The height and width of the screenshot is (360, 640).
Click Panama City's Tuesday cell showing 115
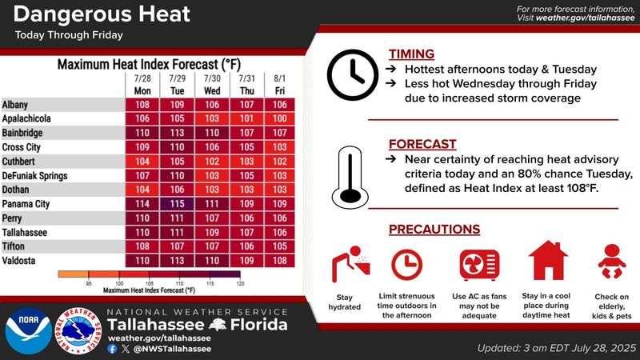(177, 204)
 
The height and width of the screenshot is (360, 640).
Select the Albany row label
(15, 105)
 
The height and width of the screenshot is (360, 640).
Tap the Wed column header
(212, 91)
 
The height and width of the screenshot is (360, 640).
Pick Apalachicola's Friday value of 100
(280, 118)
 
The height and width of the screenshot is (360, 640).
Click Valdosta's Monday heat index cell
(142, 261)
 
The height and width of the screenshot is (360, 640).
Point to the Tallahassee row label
(25, 233)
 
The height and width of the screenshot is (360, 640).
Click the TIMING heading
(411, 54)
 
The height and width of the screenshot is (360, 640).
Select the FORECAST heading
(422, 144)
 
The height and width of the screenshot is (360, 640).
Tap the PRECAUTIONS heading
(434, 230)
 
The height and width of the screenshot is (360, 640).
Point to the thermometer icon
(350, 178)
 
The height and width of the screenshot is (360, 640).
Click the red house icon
(548, 261)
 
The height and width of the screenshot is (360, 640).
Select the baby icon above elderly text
(612, 262)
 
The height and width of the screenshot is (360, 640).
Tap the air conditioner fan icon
(479, 265)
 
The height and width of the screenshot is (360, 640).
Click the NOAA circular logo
(29, 331)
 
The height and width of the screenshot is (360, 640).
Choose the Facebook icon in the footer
(112, 349)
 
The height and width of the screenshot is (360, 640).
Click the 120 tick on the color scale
(240, 283)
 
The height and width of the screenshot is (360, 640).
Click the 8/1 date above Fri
(279, 78)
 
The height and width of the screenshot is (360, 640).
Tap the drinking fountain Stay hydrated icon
(350, 264)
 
